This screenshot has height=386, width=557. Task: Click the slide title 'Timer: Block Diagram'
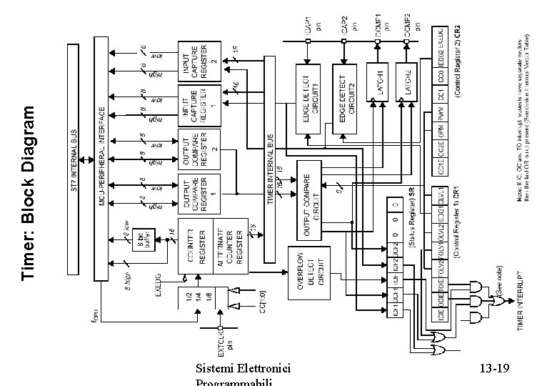coord(29,192)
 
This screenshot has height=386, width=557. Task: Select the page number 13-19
coord(494,369)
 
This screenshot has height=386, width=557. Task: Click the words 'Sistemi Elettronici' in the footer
coord(243,369)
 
